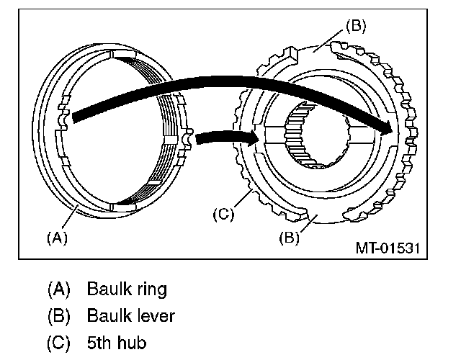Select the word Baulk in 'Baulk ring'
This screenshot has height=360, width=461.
(107, 289)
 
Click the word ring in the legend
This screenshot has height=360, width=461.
(148, 289)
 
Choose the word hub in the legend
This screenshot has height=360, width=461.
(134, 342)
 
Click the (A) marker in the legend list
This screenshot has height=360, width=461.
(59, 289)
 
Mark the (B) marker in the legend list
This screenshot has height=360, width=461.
(59, 315)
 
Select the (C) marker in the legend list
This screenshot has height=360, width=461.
(59, 342)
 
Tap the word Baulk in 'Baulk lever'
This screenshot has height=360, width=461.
(107, 315)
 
